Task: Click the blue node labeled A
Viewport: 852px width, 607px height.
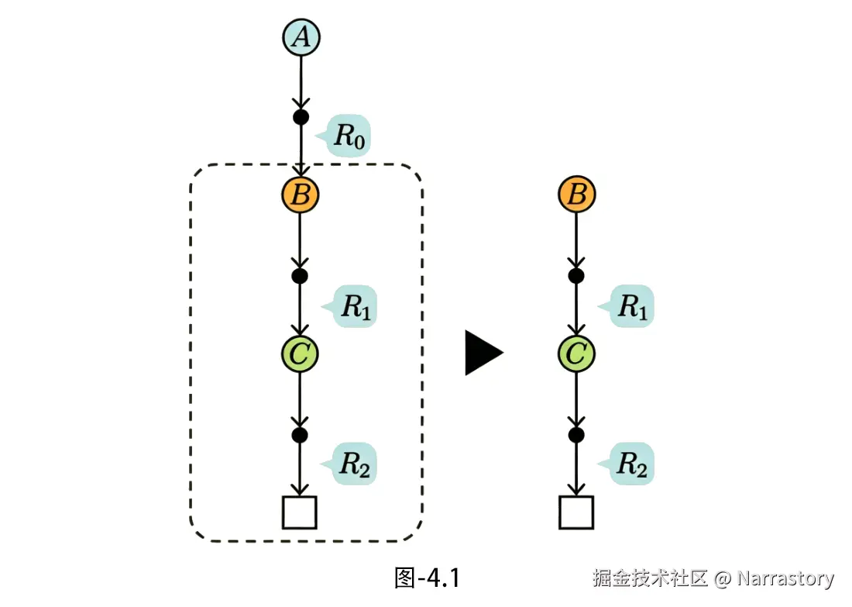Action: click(x=301, y=37)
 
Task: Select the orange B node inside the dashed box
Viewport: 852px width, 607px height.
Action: click(x=301, y=195)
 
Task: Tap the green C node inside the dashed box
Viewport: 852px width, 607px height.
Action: click(x=300, y=354)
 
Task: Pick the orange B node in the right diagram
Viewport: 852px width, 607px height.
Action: click(x=576, y=195)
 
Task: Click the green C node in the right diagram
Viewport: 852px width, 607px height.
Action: click(x=576, y=354)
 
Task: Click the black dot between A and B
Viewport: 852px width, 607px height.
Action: click(x=301, y=117)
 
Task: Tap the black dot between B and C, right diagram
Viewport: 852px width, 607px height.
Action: click(x=576, y=275)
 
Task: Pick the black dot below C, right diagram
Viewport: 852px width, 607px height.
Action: click(x=576, y=435)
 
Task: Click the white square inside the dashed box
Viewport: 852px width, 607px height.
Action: click(x=300, y=512)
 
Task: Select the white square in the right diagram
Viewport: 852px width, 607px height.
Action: click(x=576, y=512)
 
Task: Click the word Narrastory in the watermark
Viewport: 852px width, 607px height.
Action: click(x=785, y=578)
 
